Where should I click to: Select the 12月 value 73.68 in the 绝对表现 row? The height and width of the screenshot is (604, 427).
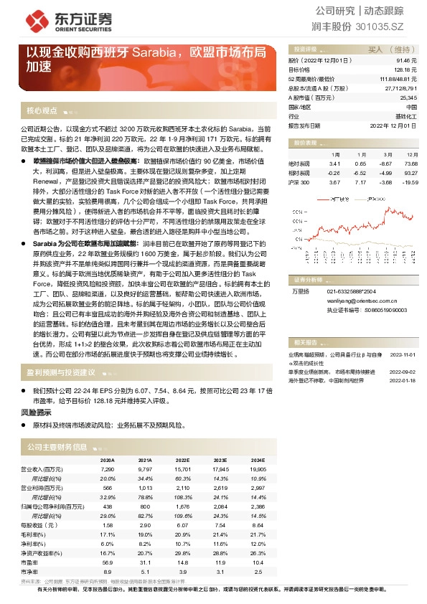(x=409, y=164)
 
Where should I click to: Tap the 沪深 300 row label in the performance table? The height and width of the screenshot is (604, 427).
(x=299, y=183)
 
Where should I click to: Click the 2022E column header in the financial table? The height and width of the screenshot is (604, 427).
(x=182, y=460)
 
